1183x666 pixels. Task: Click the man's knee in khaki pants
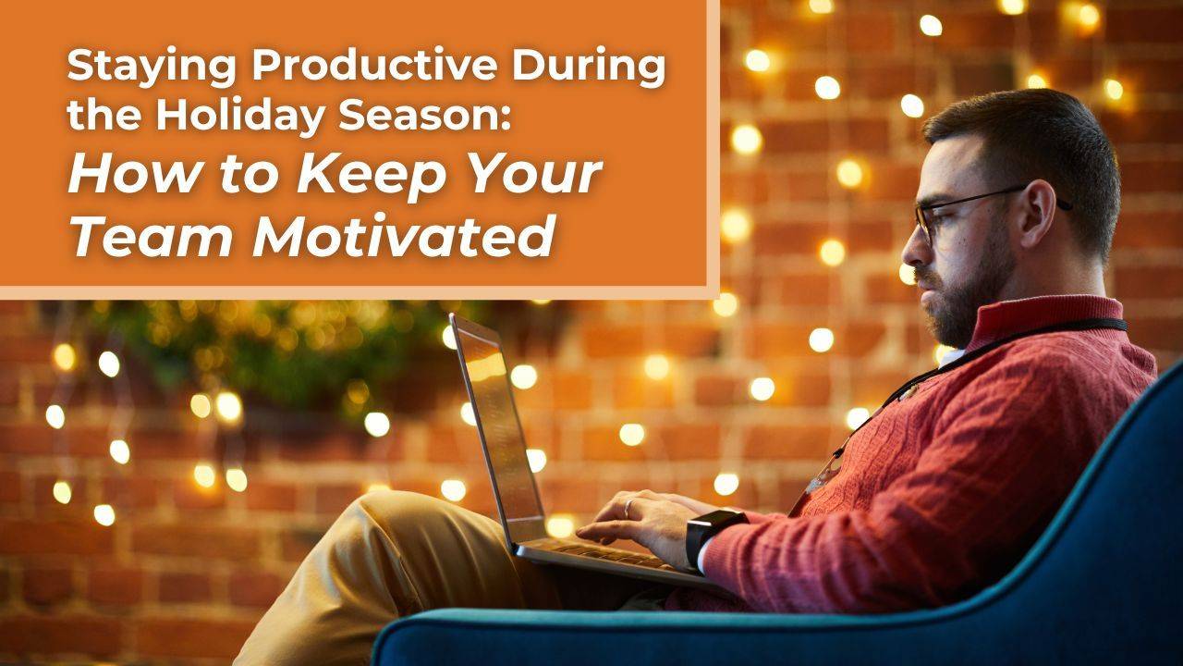(407, 518)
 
